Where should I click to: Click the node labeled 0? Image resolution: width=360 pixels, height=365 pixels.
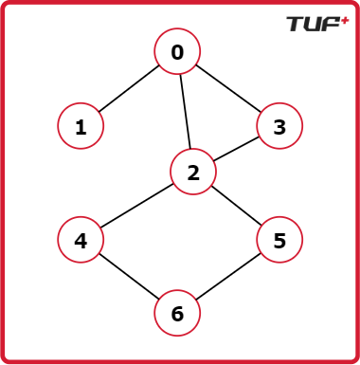pos(177,51)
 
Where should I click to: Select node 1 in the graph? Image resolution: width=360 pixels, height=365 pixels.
pos(81,126)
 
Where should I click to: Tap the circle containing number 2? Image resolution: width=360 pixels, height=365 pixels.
pos(193,172)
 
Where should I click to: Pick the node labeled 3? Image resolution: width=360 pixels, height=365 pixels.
pos(279,126)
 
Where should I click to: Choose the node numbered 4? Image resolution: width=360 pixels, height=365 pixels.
pos(81,240)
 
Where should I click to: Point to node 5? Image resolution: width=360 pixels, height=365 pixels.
pos(279,240)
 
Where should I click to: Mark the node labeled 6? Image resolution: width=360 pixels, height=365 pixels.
pos(177,313)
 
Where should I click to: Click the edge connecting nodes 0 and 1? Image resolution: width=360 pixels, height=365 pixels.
pos(129,89)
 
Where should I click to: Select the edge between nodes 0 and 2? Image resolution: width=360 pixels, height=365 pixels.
pos(185,111)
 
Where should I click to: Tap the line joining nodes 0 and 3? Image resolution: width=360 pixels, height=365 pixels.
pos(228,88)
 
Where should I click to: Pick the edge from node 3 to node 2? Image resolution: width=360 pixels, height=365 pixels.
pos(236,149)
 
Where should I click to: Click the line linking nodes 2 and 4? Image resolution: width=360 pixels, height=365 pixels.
pos(136,206)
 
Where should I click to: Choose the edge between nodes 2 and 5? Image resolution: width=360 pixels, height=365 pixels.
pos(237,206)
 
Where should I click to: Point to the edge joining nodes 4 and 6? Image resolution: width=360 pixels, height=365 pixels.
pos(129,276)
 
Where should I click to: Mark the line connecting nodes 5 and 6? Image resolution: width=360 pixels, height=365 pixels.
pos(228,276)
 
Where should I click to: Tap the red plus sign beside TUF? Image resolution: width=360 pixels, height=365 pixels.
pos(345,21)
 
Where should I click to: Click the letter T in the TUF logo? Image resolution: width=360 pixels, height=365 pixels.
pos(297,25)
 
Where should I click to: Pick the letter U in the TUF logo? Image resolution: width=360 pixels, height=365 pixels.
pos(315,25)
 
